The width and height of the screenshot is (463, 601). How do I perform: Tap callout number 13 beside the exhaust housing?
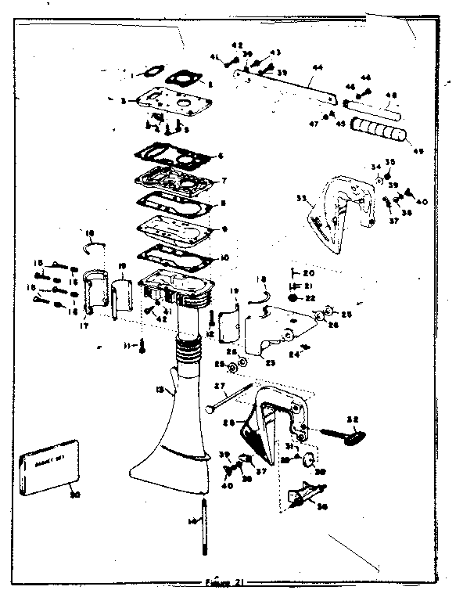pos(161,389)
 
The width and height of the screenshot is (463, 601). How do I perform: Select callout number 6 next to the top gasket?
pos(221,155)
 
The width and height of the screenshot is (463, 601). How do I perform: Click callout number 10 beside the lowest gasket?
pos(224,257)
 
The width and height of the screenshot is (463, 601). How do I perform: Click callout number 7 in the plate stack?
pos(223,180)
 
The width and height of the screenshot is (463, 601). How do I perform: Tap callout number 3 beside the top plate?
pos(123,100)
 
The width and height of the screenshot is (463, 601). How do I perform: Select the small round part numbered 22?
pos(292,298)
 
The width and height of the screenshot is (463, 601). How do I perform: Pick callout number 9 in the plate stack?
pos(224,229)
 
